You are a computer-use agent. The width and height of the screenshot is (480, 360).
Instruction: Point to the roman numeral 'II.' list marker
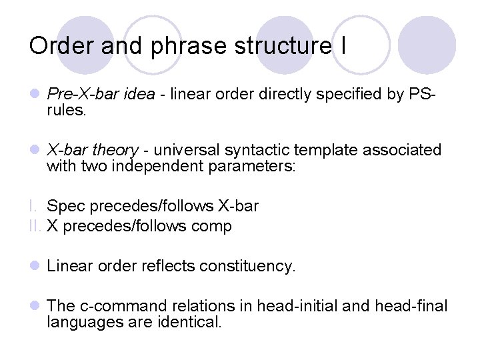(36, 227)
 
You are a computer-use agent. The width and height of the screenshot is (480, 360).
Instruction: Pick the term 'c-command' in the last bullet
(117, 306)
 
